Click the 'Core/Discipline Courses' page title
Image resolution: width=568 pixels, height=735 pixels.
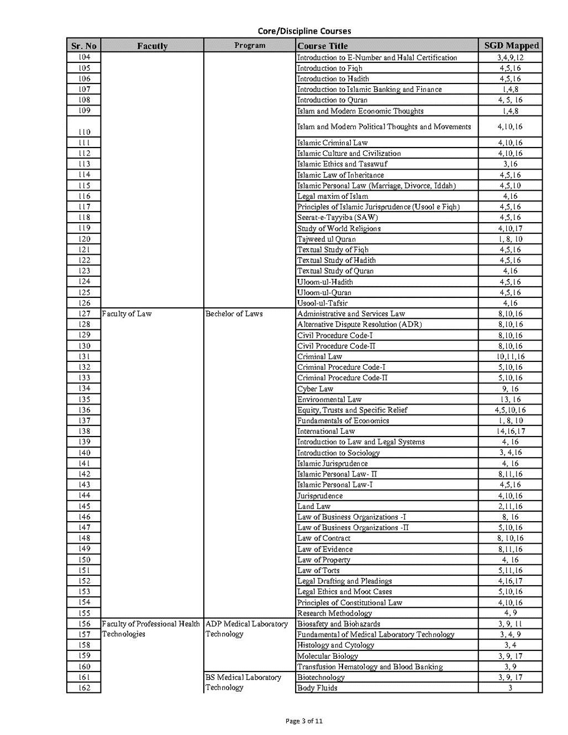(x=304, y=31)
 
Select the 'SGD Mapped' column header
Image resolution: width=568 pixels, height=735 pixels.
(x=511, y=46)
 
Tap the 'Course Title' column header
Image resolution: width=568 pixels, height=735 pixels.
(x=323, y=46)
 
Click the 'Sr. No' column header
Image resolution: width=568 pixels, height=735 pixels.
(x=84, y=46)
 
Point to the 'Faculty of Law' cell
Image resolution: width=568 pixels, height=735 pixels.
(x=127, y=314)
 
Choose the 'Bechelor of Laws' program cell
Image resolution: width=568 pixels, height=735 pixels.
(x=234, y=314)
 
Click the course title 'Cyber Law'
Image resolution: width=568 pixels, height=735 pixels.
(x=315, y=389)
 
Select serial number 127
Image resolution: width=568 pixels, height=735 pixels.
(x=84, y=313)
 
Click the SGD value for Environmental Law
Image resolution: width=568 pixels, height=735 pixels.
(x=510, y=400)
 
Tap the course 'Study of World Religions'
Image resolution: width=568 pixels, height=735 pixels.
(x=339, y=228)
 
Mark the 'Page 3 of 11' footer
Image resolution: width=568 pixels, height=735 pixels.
(x=304, y=721)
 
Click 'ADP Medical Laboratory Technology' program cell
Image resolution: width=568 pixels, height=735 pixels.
(x=247, y=629)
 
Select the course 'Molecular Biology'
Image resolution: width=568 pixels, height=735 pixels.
(x=328, y=656)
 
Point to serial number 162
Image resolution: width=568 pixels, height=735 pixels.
(x=84, y=687)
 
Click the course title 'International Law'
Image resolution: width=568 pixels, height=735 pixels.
(x=326, y=432)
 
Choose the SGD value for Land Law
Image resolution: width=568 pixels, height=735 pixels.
(x=510, y=506)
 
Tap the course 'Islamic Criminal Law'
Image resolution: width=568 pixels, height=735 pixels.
(x=333, y=143)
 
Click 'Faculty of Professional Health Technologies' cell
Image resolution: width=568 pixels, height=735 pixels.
(x=151, y=629)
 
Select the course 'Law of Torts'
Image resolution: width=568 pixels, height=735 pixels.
(x=319, y=570)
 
